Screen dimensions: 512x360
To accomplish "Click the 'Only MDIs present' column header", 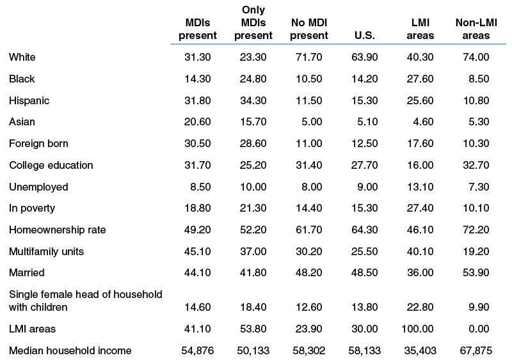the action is (x=253, y=22).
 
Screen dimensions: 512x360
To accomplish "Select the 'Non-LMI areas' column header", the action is (x=476, y=29).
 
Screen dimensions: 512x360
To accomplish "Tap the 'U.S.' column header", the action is (x=364, y=35).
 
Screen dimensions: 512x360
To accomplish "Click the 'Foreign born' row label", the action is (x=38, y=144).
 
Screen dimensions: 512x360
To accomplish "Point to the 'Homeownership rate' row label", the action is (x=58, y=230).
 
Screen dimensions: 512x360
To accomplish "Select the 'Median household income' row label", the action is (x=70, y=350).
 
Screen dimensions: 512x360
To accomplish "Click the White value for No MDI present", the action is (x=309, y=57).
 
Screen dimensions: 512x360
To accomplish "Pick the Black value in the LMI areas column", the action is (x=420, y=79).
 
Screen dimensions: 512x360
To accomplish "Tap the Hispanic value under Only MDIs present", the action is (x=253, y=100).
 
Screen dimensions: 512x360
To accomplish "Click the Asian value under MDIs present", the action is (x=198, y=121).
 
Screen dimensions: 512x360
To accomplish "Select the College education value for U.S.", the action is (x=364, y=165).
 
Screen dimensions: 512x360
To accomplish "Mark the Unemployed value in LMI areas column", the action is (x=420, y=187).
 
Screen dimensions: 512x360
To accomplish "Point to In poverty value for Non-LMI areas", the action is (x=476, y=208).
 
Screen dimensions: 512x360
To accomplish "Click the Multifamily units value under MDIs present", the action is (x=198, y=252).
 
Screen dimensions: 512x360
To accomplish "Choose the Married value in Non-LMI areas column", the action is (x=476, y=273).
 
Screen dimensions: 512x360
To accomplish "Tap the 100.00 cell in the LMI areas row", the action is (x=417, y=329).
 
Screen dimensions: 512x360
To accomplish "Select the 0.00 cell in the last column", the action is (x=479, y=329).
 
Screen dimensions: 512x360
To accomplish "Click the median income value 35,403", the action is (x=420, y=351).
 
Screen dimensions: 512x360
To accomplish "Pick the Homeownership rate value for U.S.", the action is (x=364, y=230).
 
